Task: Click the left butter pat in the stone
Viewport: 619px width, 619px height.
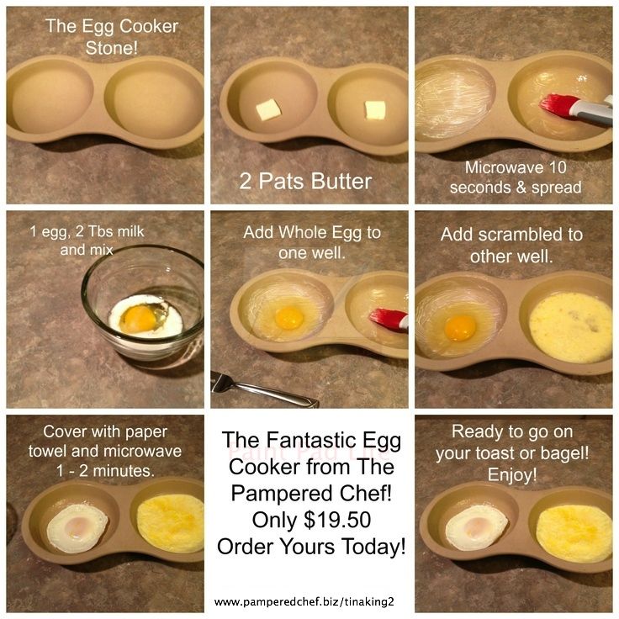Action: click(268, 109)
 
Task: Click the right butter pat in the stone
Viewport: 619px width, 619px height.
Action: click(375, 109)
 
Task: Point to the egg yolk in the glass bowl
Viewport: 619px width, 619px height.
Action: click(138, 319)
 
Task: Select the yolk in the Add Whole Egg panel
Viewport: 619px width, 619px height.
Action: click(289, 318)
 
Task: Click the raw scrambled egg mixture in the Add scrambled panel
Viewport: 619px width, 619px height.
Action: click(571, 327)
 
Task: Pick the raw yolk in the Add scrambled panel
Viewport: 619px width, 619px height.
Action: click(460, 329)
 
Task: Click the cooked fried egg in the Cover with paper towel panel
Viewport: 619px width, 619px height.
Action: click(77, 528)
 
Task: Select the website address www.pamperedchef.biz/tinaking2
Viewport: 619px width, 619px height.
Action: click(304, 601)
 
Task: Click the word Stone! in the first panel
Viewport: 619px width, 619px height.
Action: click(112, 48)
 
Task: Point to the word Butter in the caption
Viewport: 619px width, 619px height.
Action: click(341, 181)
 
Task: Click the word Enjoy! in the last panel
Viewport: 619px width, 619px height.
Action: click(512, 475)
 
